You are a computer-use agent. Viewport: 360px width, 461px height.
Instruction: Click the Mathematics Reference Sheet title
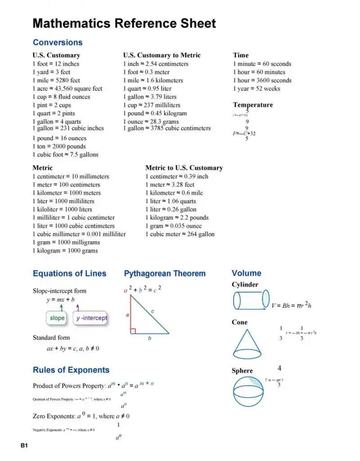(124, 23)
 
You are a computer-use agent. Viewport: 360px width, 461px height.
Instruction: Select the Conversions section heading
(58, 43)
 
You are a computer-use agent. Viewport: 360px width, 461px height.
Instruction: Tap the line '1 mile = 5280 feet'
(56, 81)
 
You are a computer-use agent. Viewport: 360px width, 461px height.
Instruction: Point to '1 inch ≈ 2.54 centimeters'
(156, 64)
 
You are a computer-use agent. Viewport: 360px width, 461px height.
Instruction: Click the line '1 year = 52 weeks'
(256, 89)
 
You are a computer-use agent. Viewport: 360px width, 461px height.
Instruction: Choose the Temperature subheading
(253, 105)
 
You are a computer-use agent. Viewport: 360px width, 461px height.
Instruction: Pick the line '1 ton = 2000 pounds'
(59, 146)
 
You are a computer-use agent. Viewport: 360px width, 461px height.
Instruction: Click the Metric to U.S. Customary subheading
(184, 168)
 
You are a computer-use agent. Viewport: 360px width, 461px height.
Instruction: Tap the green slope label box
(57, 318)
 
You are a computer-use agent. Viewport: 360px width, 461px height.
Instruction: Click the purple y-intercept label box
(91, 318)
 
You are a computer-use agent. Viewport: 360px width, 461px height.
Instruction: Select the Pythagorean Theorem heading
(165, 274)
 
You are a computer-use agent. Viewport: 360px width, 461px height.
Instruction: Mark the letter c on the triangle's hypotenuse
(153, 311)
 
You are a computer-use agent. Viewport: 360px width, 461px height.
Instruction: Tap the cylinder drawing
(251, 300)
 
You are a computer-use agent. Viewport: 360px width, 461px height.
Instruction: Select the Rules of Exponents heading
(71, 370)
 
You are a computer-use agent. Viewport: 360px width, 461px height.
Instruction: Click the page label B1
(24, 446)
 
